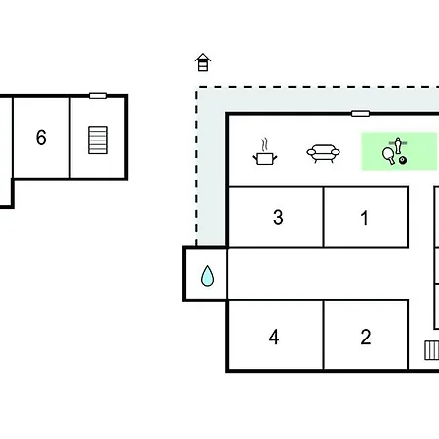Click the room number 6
pos(41,138)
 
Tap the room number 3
pos(278,218)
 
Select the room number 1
pos(365,218)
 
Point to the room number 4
pos(274,337)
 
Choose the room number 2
pos(366,337)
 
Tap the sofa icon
pos(323,153)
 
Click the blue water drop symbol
pos(207,276)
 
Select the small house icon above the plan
pos(203,62)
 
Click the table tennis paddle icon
pos(388,156)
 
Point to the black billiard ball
pos(403,160)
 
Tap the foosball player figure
pos(398,145)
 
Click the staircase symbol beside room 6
pos(98,140)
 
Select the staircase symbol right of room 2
pos(432,350)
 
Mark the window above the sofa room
pos(360,114)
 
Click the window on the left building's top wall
pos(98,96)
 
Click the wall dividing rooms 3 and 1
pos(324,218)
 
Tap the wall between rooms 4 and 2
pos(324,335)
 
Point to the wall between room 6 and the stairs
pos(70,138)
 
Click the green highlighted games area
pos(399,151)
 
